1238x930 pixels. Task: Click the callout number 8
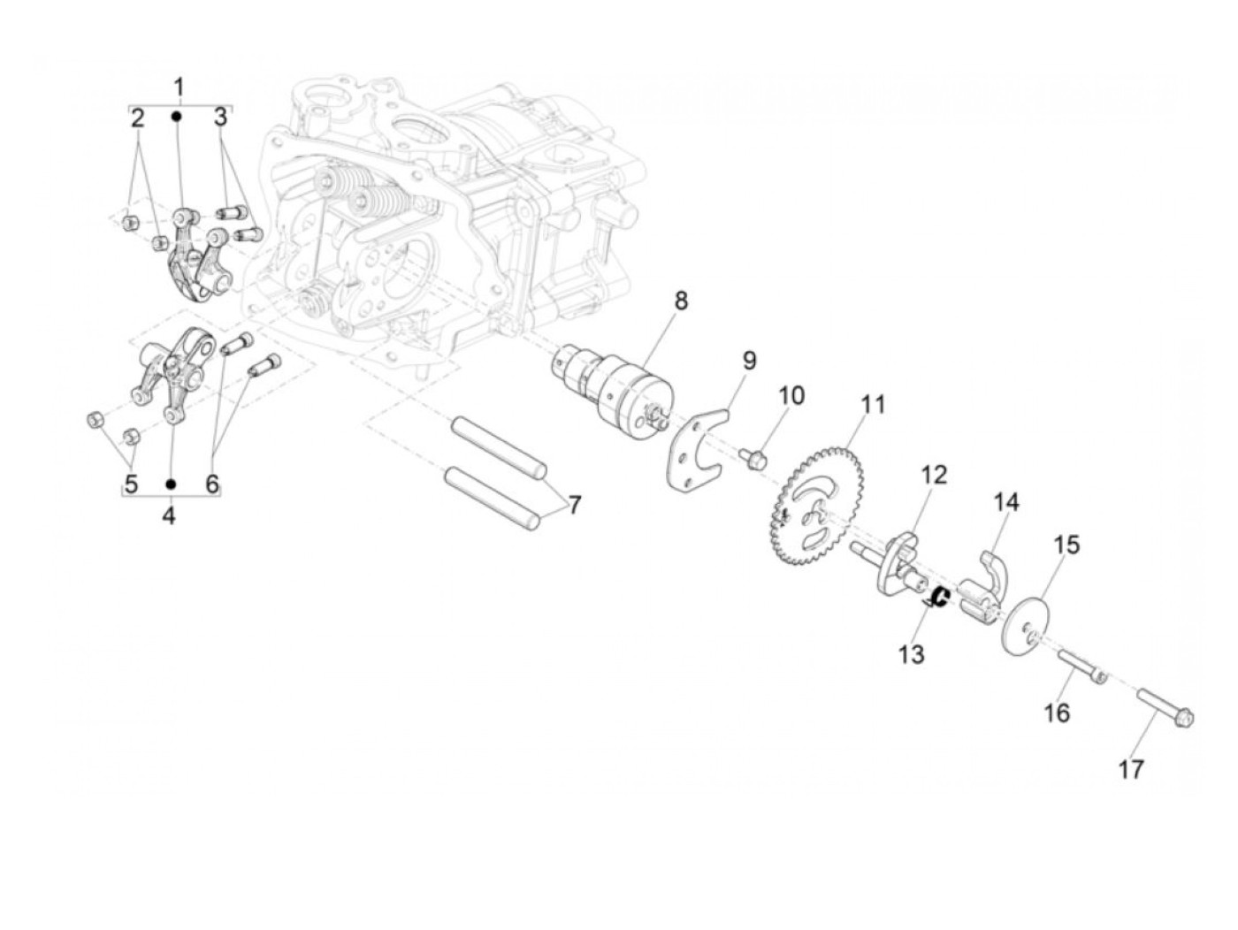pos(680,301)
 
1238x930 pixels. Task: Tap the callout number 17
pos(1131,769)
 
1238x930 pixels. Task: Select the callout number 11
pos(873,405)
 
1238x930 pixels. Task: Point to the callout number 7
pos(575,506)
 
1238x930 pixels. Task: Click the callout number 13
pos(911,654)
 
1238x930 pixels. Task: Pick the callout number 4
pos(169,515)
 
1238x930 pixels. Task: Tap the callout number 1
pos(179,88)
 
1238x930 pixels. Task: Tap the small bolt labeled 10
pos(754,458)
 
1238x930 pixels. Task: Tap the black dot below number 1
pos(178,116)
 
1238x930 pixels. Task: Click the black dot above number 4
pos(172,484)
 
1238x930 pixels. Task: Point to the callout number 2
pos(137,118)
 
